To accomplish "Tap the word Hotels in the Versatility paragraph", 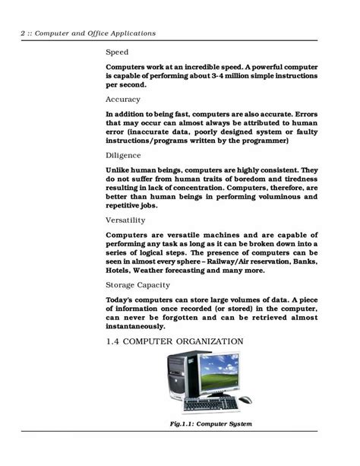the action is (122, 269).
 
